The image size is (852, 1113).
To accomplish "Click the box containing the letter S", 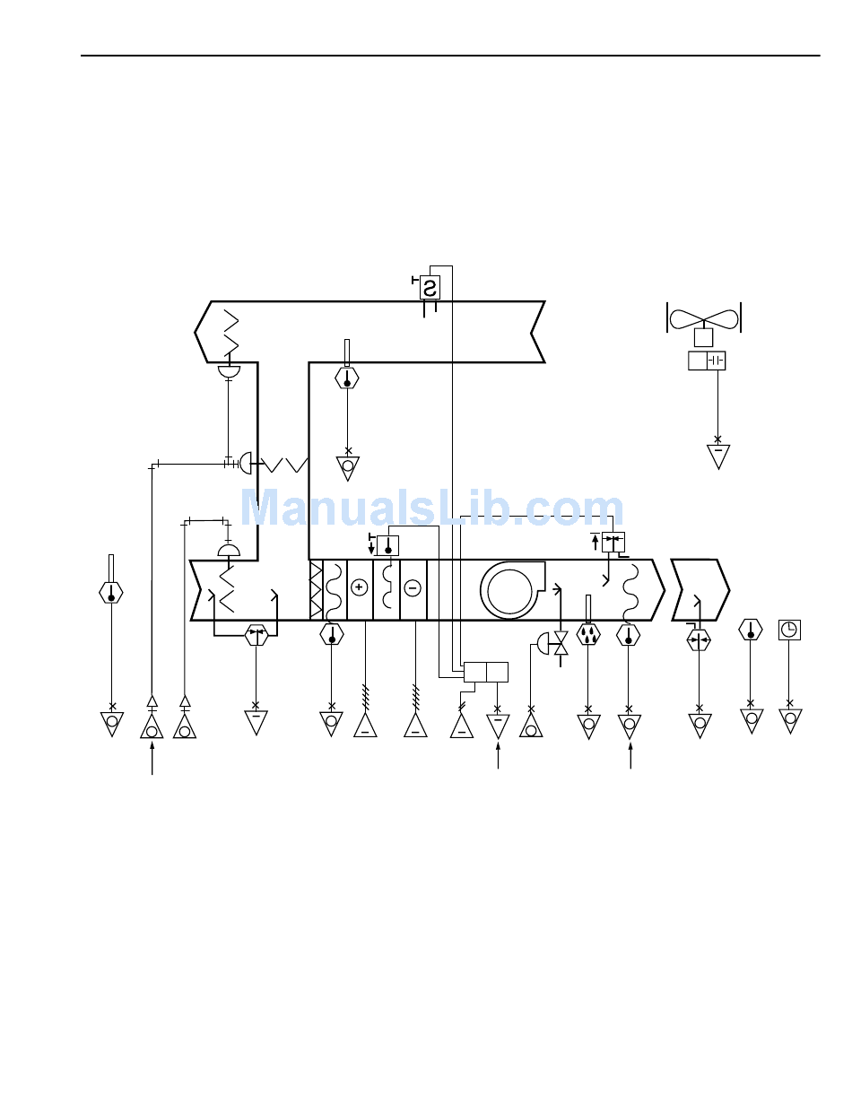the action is click(x=430, y=287).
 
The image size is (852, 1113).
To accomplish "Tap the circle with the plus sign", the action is click(x=359, y=587).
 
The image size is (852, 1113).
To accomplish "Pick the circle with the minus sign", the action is click(x=413, y=588).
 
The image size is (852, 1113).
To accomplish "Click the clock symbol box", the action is click(x=789, y=630).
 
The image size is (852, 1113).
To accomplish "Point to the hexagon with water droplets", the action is click(x=587, y=635).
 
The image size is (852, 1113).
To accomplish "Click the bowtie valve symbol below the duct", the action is click(x=561, y=643).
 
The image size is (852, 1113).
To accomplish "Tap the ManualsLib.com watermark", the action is click(x=431, y=507).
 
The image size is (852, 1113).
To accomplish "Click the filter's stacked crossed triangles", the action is click(x=316, y=590).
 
